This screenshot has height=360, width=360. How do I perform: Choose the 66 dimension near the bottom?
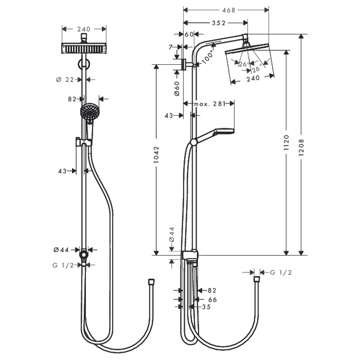click(x=212, y=298)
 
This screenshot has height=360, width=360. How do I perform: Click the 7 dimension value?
click(x=170, y=46)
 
